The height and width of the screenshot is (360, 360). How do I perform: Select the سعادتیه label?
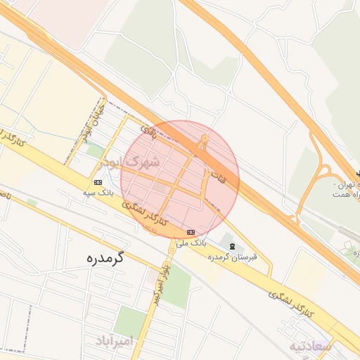click(309, 347)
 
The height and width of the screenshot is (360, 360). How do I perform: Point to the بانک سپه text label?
click(98, 191)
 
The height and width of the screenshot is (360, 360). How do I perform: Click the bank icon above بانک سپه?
click(98, 182)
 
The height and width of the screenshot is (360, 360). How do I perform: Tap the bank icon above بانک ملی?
click(191, 232)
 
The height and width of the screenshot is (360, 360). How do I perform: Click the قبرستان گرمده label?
click(233, 257)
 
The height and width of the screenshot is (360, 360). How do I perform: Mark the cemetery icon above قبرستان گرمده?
click(232, 245)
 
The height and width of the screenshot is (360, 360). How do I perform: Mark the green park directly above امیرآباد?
click(129, 320)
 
